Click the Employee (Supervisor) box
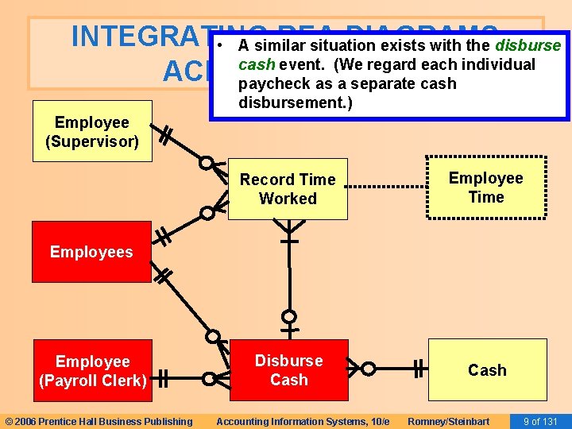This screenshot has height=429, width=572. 92,132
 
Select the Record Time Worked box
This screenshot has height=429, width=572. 288,189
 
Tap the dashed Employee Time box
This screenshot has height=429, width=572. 486,187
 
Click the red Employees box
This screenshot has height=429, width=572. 91,252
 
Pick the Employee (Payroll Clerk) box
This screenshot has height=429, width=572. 92,370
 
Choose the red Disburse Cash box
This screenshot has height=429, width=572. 288,369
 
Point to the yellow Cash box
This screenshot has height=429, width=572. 487,369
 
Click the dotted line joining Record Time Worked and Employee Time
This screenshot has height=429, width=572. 388,186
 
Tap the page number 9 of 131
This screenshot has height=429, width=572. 540,421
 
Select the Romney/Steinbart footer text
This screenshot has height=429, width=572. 448,421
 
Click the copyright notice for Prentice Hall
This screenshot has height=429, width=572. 99,421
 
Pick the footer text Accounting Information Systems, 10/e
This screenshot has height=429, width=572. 303,421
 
